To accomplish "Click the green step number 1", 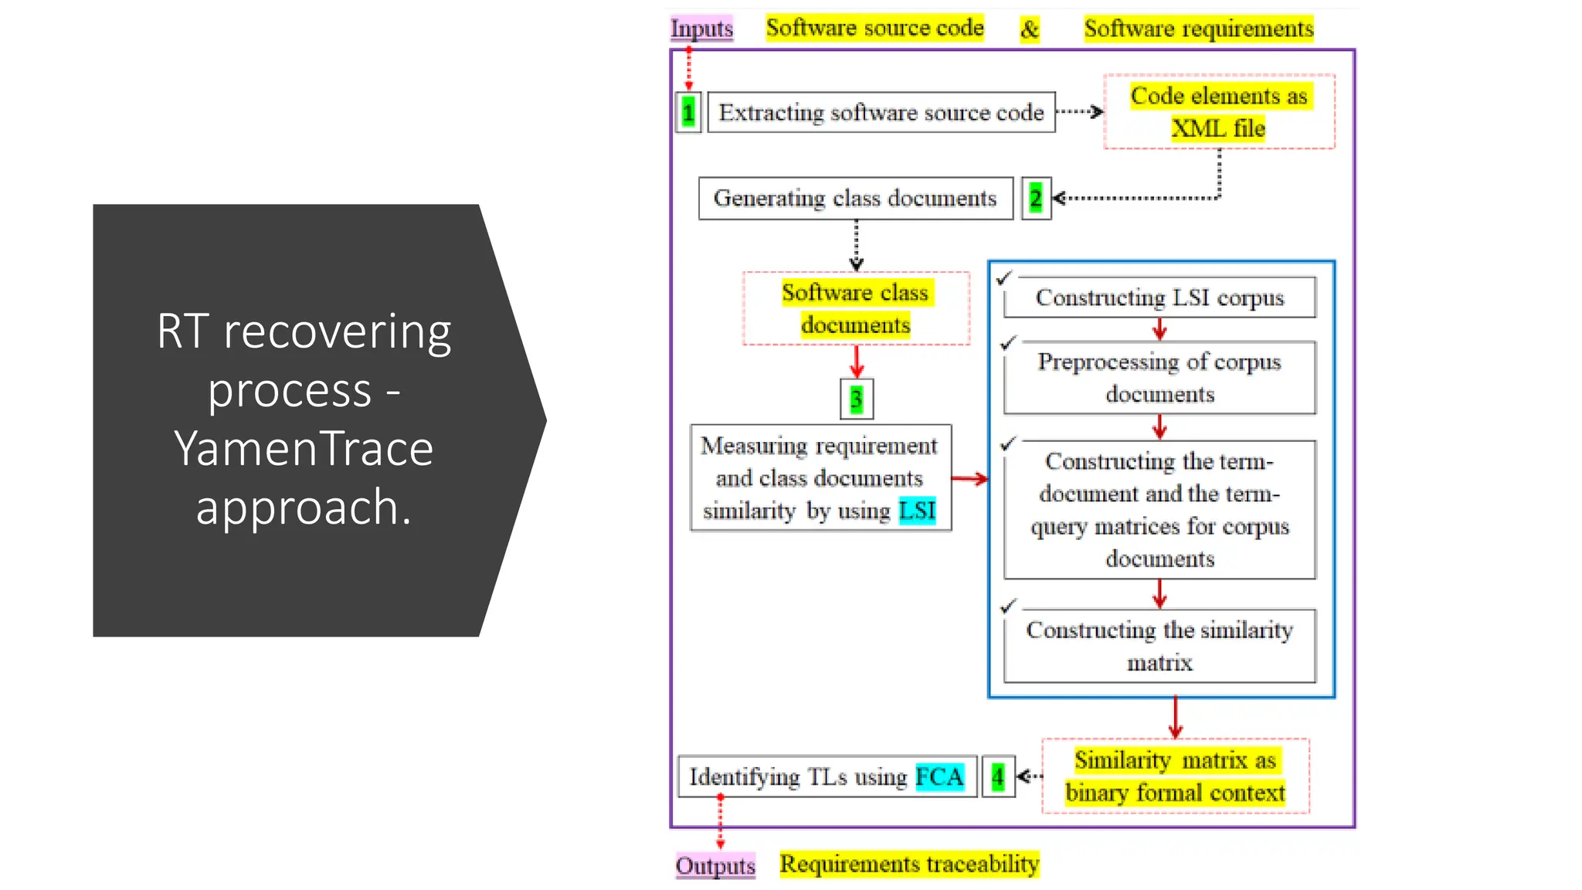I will (x=688, y=113).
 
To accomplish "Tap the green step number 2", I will (x=1036, y=199).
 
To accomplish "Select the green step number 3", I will (x=856, y=399).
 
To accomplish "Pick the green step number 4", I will (x=998, y=776).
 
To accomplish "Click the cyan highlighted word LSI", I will (x=917, y=511).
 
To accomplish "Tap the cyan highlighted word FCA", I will (x=939, y=776).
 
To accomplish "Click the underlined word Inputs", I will (x=701, y=29).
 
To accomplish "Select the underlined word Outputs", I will (x=715, y=865).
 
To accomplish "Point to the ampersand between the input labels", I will (x=1030, y=29).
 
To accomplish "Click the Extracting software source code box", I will (x=881, y=113).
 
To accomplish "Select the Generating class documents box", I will (x=855, y=199).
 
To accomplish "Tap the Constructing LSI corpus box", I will (x=1159, y=297).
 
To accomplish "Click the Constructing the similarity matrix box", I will (x=1159, y=646).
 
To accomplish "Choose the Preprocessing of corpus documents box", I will (x=1159, y=378).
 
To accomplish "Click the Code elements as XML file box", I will (x=1219, y=112).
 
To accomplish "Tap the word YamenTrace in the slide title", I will (x=304, y=449).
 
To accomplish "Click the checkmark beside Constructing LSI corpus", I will (x=1004, y=277).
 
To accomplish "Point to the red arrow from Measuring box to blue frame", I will (x=969, y=479).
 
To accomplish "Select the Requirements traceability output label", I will (x=909, y=864).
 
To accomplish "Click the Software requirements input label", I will (x=1198, y=29).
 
